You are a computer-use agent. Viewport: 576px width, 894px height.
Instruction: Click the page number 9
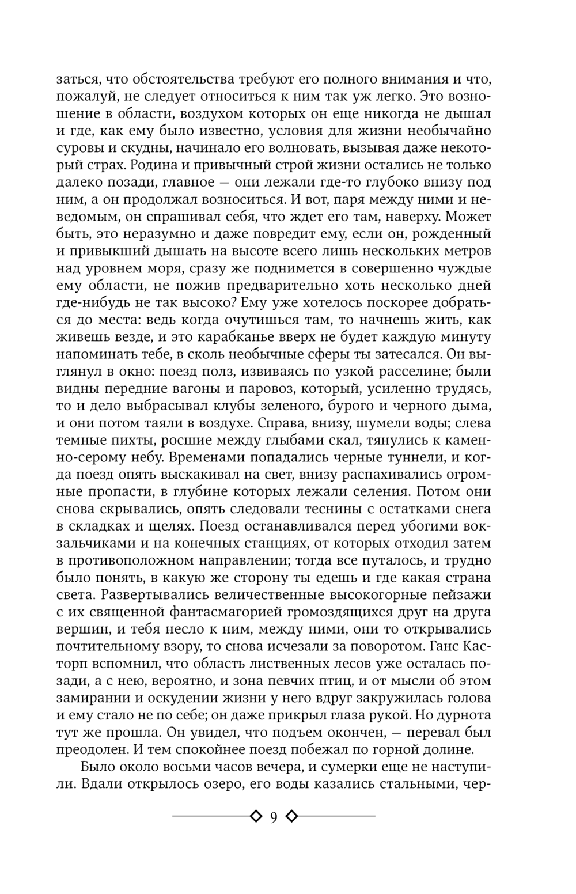(274, 817)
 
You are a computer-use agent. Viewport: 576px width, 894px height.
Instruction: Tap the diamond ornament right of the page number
(292, 816)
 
